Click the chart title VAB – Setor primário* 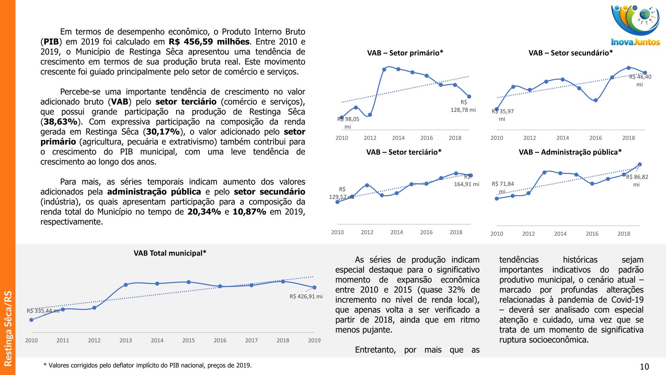(405, 53)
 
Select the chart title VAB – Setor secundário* (571, 53)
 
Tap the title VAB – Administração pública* (570, 152)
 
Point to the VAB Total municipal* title (170, 253)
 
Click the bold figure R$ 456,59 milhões (209, 42)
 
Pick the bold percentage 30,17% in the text (163, 132)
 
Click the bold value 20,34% (204, 212)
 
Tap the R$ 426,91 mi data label (306, 297)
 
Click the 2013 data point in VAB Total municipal (126, 285)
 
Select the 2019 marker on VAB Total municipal (314, 287)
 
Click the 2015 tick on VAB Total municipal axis (188, 340)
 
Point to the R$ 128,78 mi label (463, 106)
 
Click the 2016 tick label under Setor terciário (426, 232)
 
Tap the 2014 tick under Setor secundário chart (563, 138)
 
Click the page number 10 (644, 367)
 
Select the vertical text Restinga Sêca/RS (8, 328)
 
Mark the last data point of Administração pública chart (640, 165)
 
